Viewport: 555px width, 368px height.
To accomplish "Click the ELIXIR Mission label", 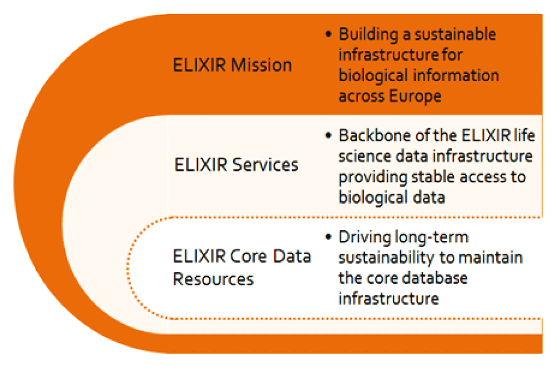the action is pyautogui.click(x=232, y=65).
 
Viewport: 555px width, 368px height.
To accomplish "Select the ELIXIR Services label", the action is pyautogui.click(x=236, y=165).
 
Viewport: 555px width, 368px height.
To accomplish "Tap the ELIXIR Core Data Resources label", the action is pyautogui.click(x=242, y=268).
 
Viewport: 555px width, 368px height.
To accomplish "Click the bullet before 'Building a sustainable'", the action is pyautogui.click(x=329, y=34).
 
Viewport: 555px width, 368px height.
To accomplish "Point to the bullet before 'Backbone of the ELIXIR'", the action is pyautogui.click(x=329, y=135).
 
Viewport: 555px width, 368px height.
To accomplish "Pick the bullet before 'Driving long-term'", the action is pyautogui.click(x=329, y=236).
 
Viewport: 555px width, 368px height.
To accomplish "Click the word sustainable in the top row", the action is pyautogui.click(x=455, y=34).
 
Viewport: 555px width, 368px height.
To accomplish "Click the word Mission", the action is pyautogui.click(x=261, y=65).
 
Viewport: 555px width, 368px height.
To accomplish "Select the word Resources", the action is pyautogui.click(x=214, y=279).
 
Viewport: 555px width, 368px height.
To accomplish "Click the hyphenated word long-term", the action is pyautogui.click(x=431, y=238).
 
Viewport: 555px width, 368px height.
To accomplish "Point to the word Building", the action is pyautogui.click(x=369, y=35).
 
